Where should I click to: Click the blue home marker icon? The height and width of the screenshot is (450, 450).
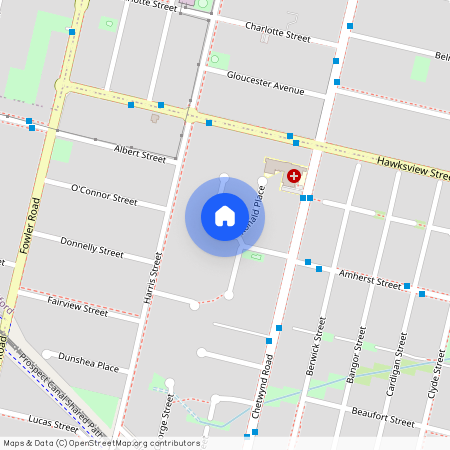point(225,215)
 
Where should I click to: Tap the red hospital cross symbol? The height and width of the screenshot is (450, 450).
point(293,176)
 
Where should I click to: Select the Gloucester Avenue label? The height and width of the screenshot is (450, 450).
point(265,82)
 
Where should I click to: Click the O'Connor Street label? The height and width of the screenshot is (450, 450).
point(104,193)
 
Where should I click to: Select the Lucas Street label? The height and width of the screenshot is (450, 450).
point(53,420)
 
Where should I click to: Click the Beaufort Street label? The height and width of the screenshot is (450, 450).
point(383,421)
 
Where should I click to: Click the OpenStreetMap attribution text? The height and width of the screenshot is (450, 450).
point(100,442)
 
